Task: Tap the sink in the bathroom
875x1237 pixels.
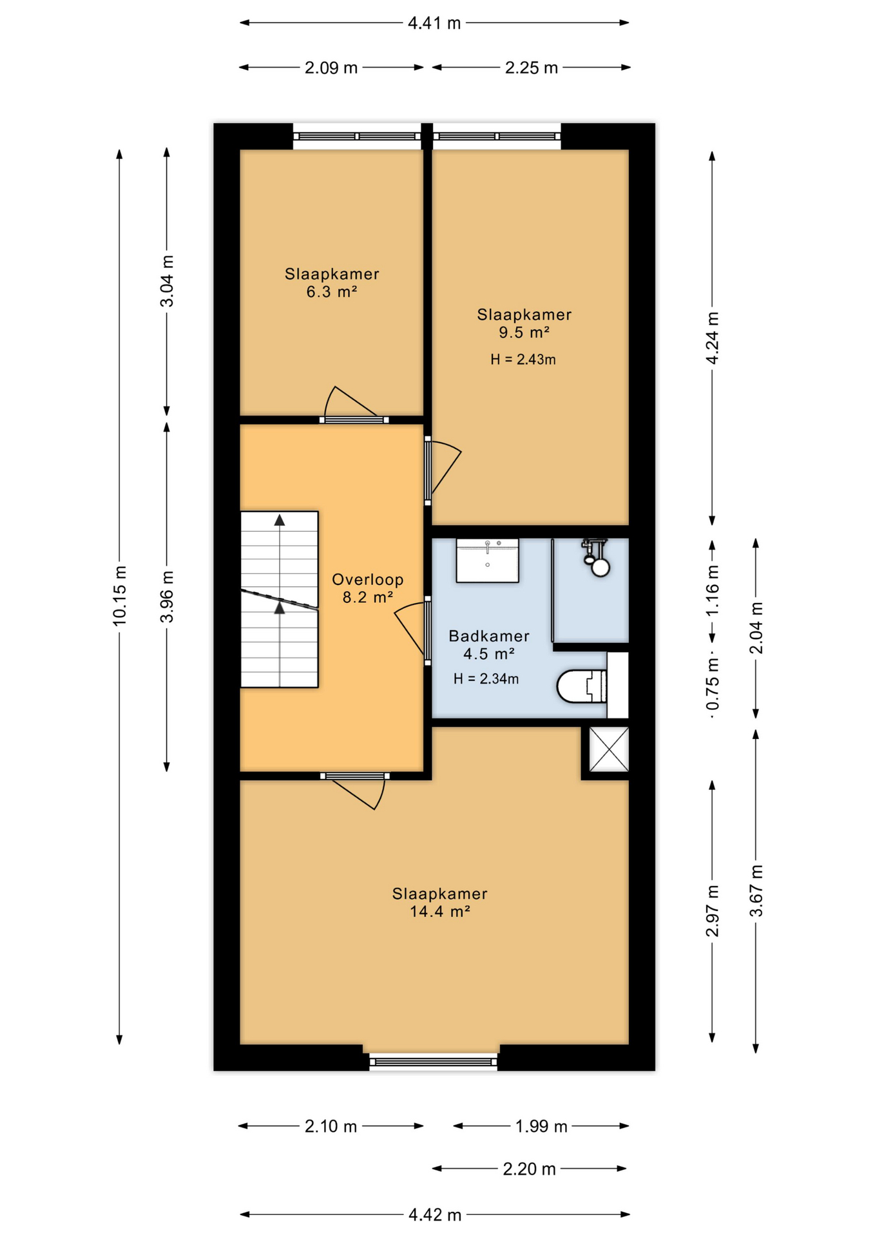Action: coord(487,561)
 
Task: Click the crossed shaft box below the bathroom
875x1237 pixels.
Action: coord(609,749)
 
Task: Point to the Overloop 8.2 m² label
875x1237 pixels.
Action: coord(368,588)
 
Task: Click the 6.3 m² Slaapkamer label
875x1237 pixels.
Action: coord(332,283)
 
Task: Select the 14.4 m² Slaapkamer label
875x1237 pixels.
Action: coord(439,903)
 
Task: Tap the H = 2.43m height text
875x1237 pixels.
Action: coord(523,360)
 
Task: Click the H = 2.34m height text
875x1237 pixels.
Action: coord(486,678)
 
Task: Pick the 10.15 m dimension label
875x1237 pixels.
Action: coord(119,595)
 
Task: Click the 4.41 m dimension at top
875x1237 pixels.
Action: coord(434,23)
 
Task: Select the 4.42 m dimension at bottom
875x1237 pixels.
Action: coord(435,1214)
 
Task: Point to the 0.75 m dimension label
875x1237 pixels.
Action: coord(713,687)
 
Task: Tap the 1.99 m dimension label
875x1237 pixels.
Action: coord(541,1126)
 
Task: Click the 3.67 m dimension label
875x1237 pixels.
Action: coord(756,891)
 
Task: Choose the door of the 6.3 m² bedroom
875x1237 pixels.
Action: coord(354,405)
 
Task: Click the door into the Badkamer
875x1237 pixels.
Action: coord(412,631)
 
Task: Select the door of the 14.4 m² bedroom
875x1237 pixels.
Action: coord(355,791)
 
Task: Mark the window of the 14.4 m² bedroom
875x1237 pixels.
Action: coord(434,1061)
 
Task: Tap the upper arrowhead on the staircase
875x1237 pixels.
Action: coord(280,521)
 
